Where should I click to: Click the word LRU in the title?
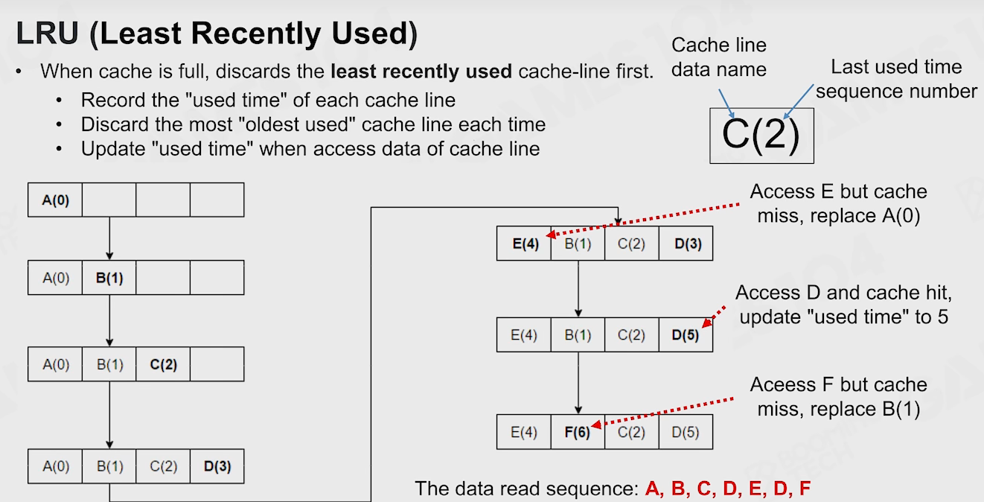coord(48,34)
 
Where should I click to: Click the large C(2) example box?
coord(761,136)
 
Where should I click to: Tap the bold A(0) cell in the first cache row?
coord(55,200)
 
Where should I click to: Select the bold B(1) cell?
coord(109,278)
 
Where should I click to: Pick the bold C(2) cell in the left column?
coord(163,364)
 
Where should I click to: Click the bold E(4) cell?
coord(523,244)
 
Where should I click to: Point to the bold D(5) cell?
coord(686,335)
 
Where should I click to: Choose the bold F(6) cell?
coord(578,432)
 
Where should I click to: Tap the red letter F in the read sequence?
coord(805,488)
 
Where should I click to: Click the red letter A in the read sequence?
coord(652,488)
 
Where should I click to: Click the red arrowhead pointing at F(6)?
coord(596,425)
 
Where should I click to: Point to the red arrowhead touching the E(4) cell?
coord(552,235)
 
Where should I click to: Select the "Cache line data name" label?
coord(719,57)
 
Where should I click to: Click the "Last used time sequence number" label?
coord(897,79)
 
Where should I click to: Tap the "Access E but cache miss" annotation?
coord(839,203)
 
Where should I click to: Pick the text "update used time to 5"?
coord(844,317)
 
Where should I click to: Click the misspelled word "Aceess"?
coord(781,384)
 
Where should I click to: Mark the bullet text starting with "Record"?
coord(268,101)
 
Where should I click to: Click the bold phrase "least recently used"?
coord(421,72)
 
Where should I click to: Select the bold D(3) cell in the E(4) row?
coord(686,244)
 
